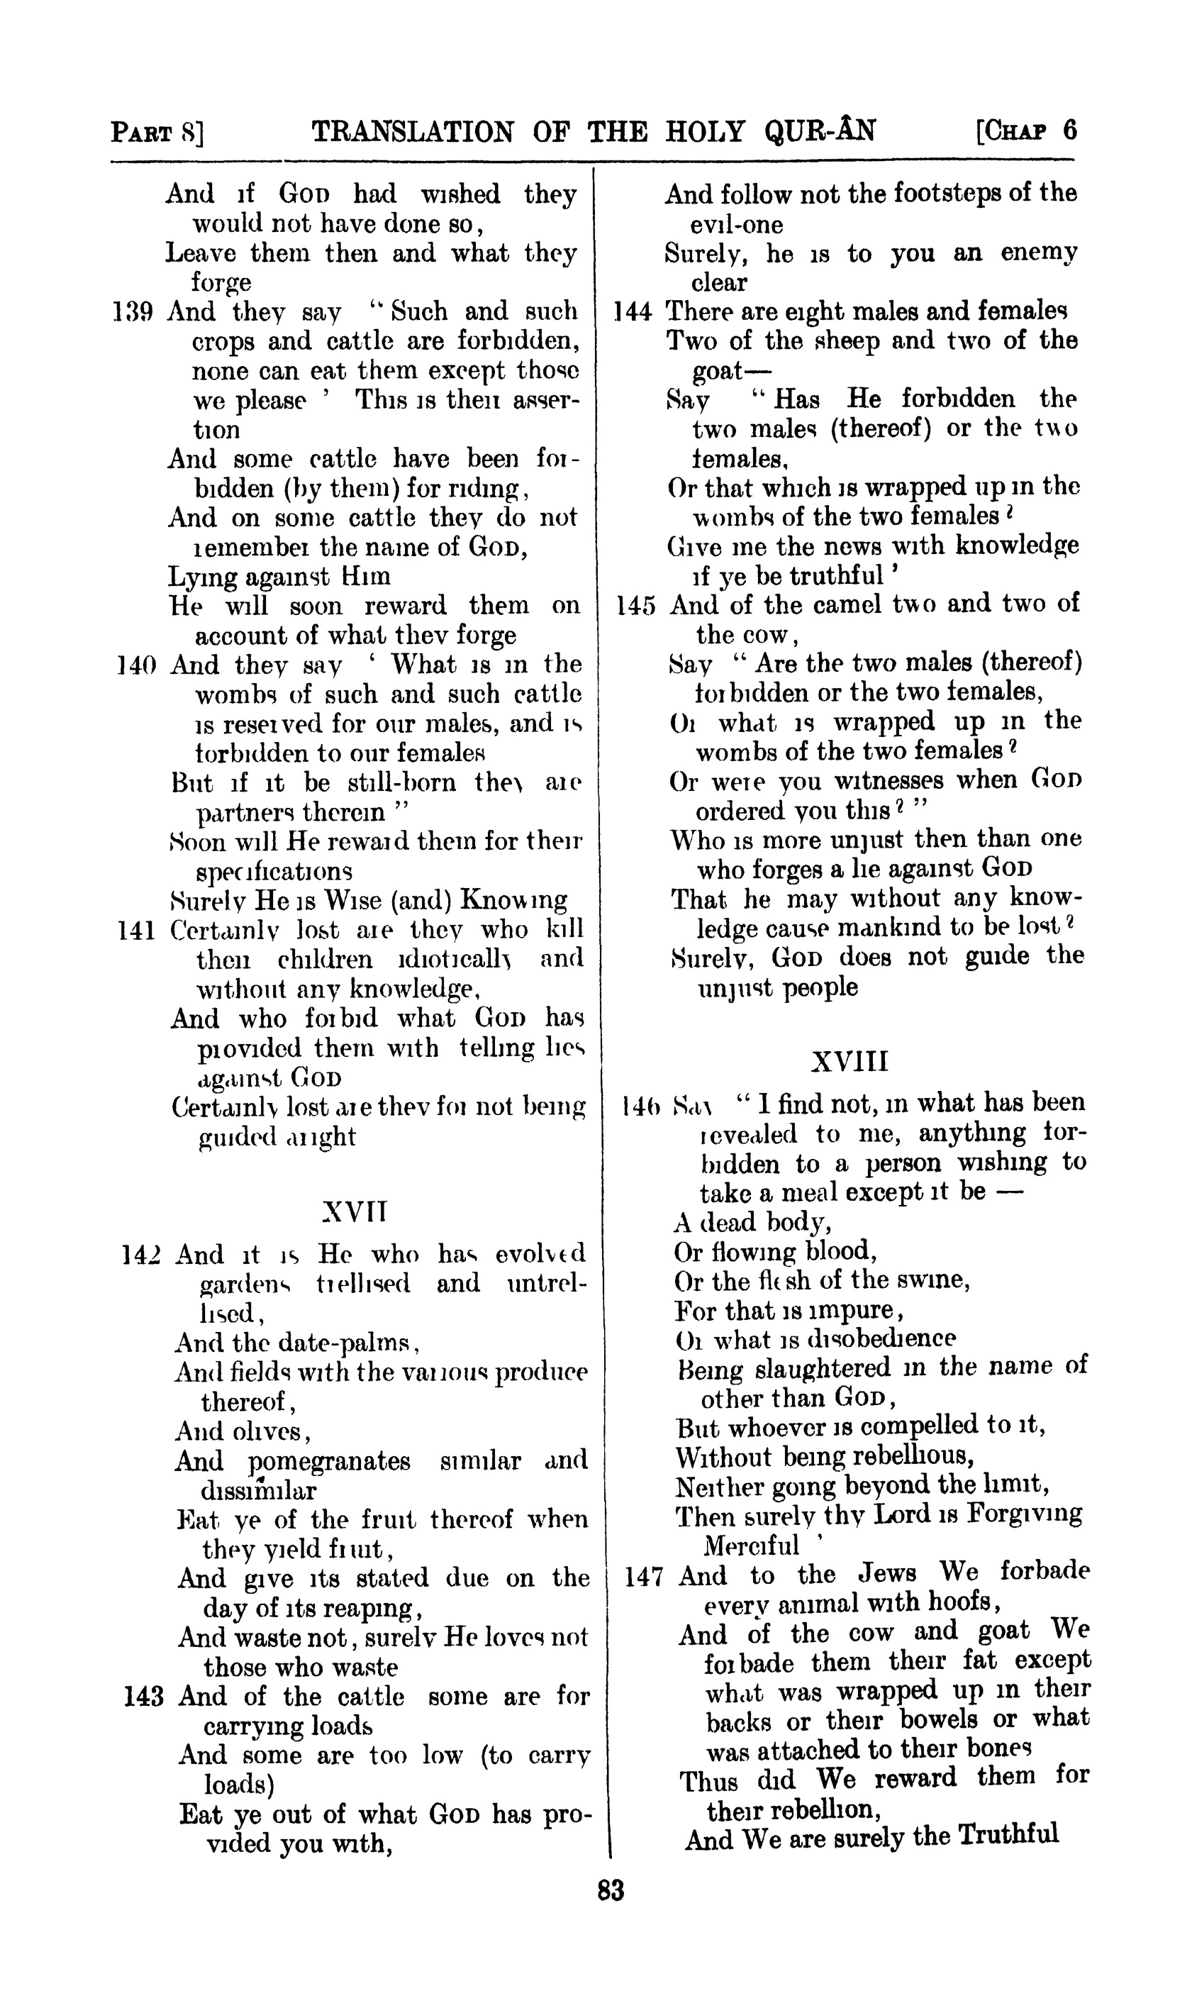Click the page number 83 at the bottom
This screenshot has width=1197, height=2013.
click(611, 1890)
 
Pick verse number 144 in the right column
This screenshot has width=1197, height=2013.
click(633, 311)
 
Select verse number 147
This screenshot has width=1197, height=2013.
click(644, 1575)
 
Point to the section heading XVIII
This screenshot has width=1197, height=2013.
click(849, 1061)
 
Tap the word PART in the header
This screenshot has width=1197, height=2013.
click(143, 131)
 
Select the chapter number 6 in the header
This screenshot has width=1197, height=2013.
click(1069, 130)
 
